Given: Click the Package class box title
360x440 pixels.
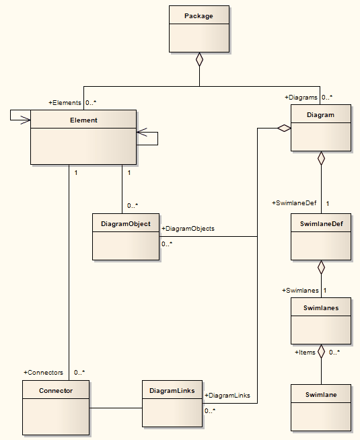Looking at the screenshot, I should pyautogui.click(x=199, y=15).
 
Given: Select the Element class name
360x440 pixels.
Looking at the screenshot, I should pyautogui.click(x=83, y=120).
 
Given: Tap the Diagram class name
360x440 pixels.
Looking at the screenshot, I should pyautogui.click(x=320, y=114).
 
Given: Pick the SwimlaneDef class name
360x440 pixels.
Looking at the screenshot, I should pyautogui.click(x=320, y=225).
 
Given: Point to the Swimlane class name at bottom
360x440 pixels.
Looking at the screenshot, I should pyautogui.click(x=320, y=394).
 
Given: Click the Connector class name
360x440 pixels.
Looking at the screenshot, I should pyautogui.click(x=56, y=390).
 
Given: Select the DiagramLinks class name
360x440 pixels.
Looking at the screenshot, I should pyautogui.click(x=172, y=390).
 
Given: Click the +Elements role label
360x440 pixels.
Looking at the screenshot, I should pyautogui.click(x=65, y=103).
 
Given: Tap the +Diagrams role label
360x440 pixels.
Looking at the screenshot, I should pyautogui.click(x=301, y=98).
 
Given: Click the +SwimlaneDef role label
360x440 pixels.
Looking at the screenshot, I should pyautogui.click(x=293, y=203).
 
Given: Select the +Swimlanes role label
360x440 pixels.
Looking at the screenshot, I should pyautogui.click(x=299, y=291).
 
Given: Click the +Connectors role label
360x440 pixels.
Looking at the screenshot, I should pyautogui.click(x=43, y=372).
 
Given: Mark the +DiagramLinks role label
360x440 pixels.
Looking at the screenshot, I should pyautogui.click(x=227, y=396).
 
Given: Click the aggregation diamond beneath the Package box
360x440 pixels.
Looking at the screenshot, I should pyautogui.click(x=199, y=59).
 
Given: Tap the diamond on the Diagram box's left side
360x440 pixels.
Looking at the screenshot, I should pyautogui.click(x=283, y=128).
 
